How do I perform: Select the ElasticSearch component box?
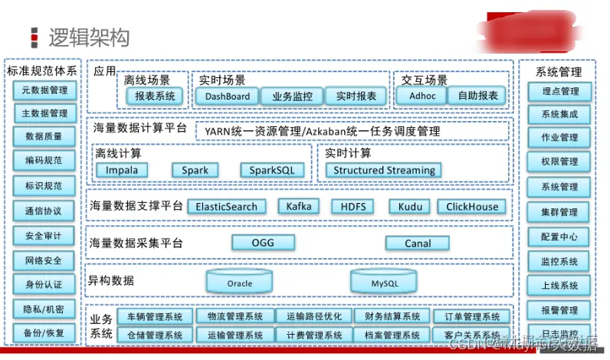227,207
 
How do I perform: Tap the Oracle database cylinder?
240,281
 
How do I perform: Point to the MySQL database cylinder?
385,281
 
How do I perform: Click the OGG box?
263,243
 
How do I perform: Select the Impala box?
122,170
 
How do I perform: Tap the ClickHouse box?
472,207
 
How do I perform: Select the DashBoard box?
227,97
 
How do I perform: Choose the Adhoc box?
423,97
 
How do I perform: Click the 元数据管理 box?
44,90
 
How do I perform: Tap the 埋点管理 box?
559,91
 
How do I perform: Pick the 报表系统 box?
155,97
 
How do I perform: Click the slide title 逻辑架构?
89,37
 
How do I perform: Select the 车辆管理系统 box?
155,316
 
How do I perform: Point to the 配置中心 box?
559,237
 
